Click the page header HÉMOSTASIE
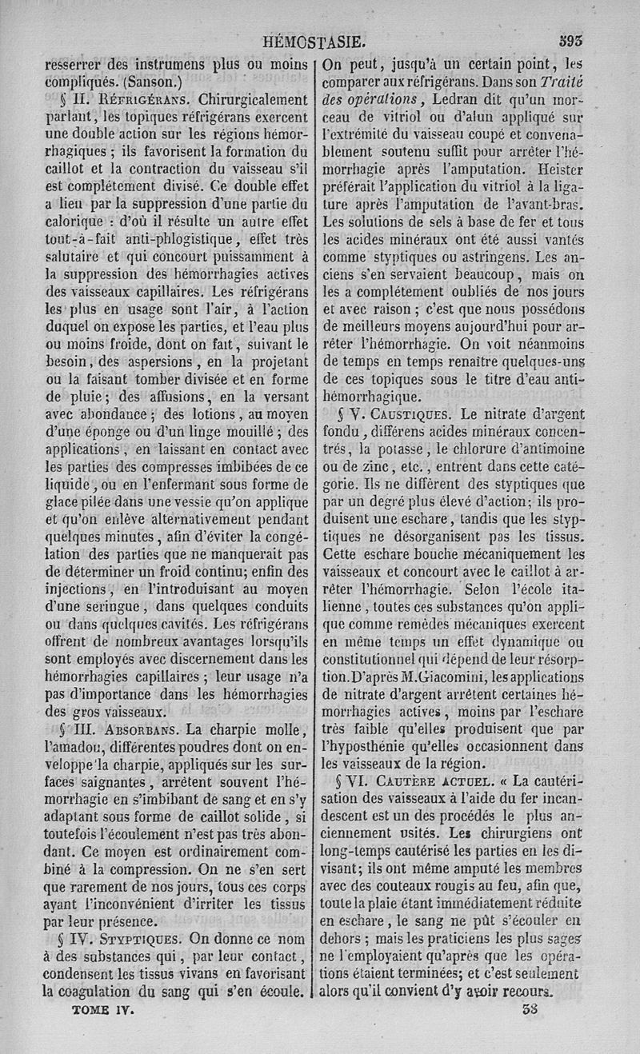319,42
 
